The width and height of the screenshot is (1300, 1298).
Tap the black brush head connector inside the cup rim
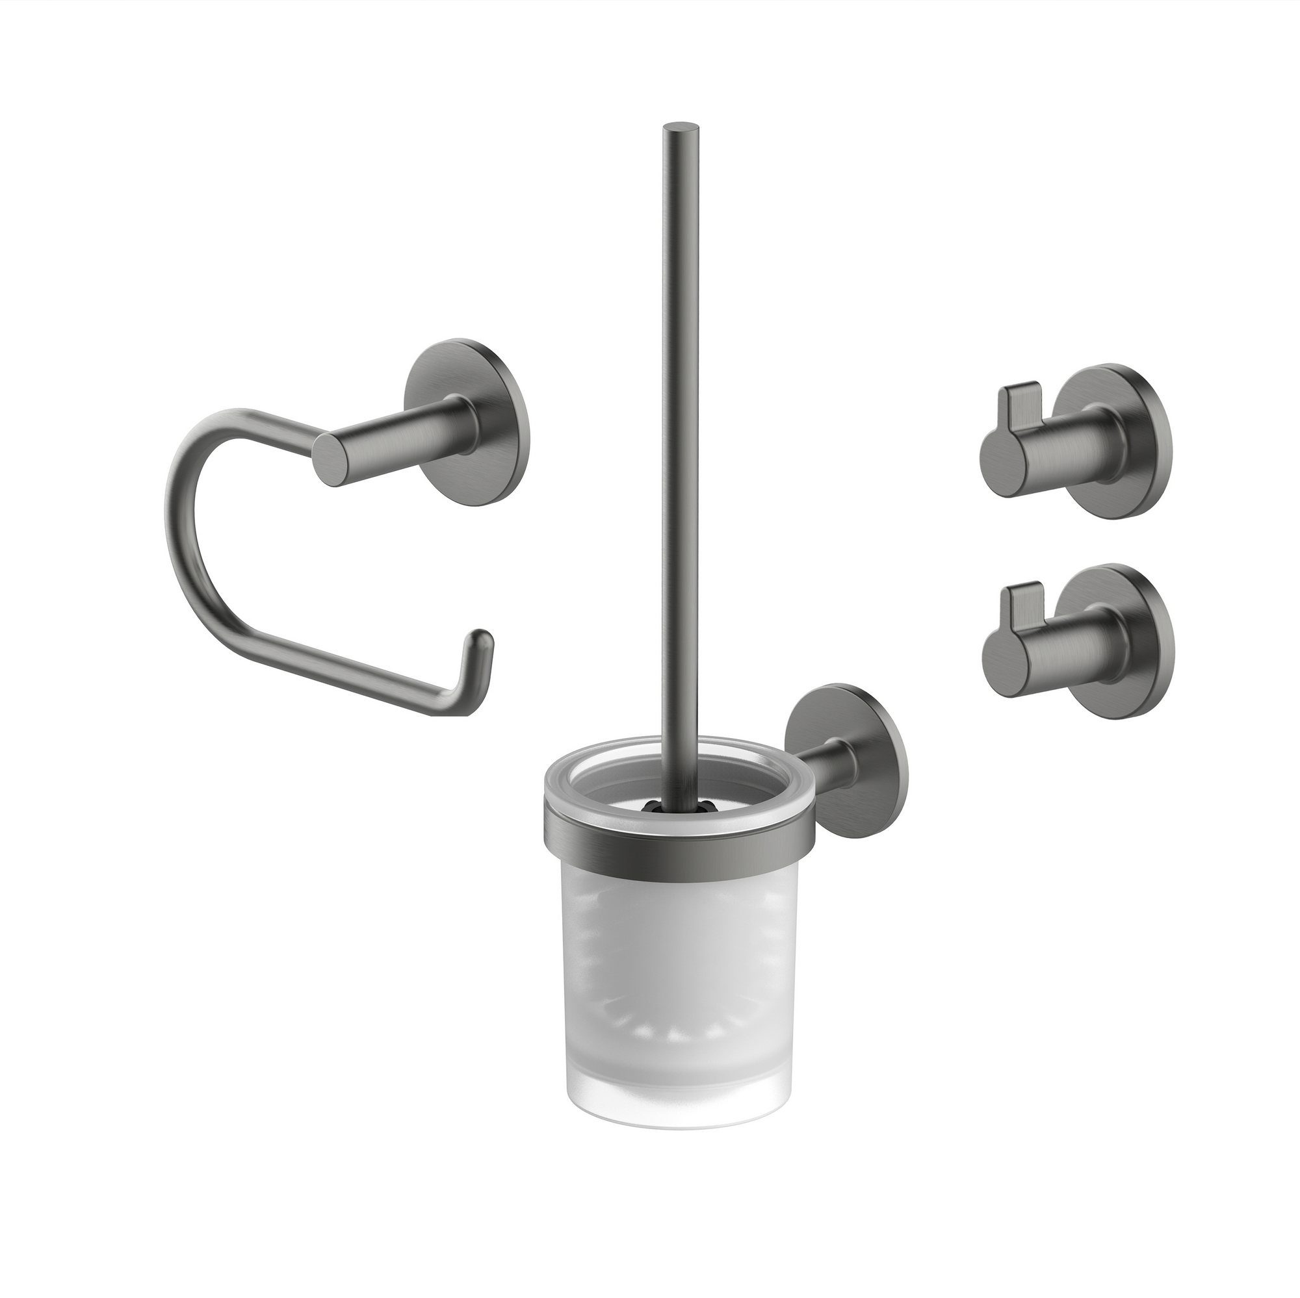pyautogui.click(x=663, y=804)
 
